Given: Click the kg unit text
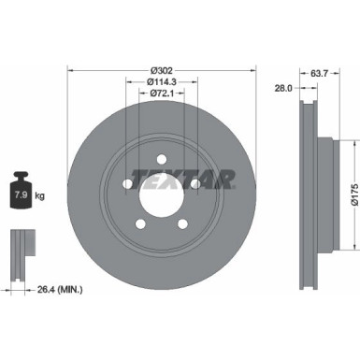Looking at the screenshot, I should [39, 195].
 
